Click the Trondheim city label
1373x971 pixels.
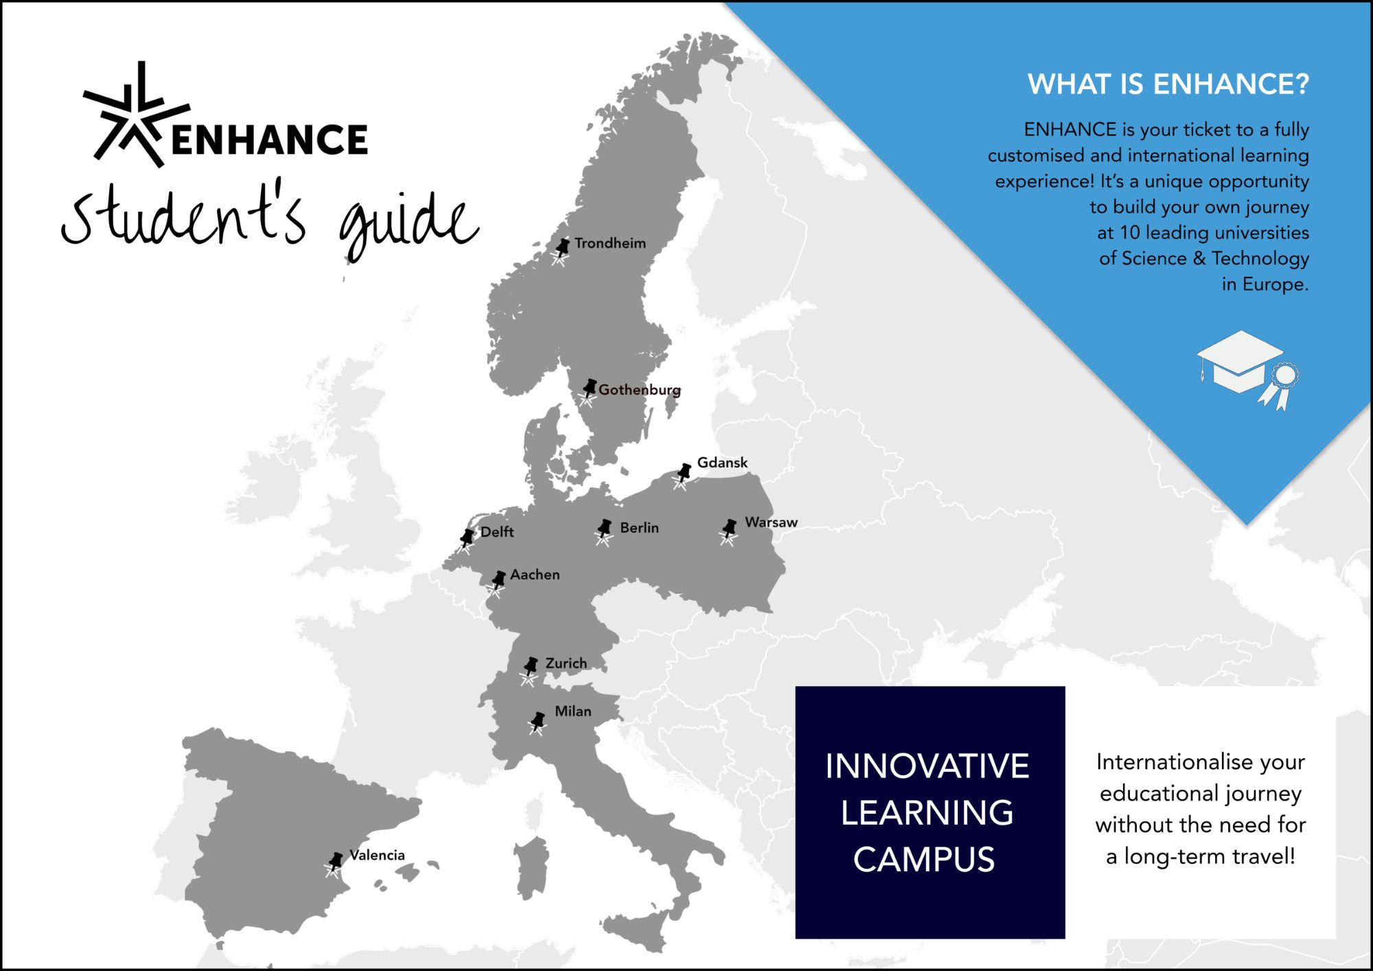coord(610,243)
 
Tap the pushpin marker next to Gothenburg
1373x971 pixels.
coord(588,392)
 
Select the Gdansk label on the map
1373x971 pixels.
coord(722,463)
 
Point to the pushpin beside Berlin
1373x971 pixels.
coord(604,532)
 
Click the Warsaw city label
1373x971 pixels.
coord(771,522)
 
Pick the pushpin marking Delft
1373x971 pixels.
coord(466,540)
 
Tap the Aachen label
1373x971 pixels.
coord(535,574)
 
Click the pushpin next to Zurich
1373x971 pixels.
coord(529,670)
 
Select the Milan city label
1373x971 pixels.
coord(573,711)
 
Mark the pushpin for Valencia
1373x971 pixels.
coord(334,865)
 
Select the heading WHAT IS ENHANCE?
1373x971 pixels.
coord(1168,84)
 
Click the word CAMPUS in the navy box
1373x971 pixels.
coord(924,860)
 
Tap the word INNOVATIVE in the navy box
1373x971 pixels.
coord(927,766)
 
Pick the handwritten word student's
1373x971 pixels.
coord(183,214)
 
